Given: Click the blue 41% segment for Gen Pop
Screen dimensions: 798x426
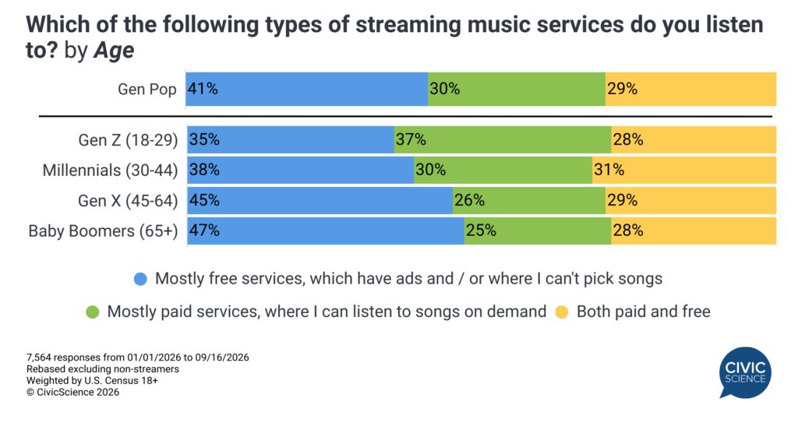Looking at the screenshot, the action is point(307,89).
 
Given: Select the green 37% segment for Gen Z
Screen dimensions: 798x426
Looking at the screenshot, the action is point(503,139).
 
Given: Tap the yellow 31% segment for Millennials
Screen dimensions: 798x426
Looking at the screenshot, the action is point(684,170).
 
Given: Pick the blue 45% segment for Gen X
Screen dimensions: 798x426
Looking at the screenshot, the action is point(320,200).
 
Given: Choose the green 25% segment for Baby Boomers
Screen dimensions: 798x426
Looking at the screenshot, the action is point(538,231).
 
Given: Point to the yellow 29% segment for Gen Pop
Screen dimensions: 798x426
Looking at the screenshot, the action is point(691,89).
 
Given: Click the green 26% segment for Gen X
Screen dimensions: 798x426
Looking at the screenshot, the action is point(529,200).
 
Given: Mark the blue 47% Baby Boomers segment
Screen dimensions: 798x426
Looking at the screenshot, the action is point(326,231).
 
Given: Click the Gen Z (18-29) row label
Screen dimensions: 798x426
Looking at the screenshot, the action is point(128,140).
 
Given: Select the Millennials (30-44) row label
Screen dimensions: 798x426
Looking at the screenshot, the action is point(110,171).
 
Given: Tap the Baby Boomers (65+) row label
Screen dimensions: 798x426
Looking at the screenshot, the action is point(104,231).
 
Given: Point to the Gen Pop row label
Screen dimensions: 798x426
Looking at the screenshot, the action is point(147,90).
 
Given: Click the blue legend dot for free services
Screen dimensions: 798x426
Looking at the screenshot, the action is point(140,279).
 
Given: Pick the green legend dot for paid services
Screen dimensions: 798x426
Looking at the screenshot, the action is point(93,312).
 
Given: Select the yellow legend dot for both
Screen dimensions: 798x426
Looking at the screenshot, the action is point(562,312).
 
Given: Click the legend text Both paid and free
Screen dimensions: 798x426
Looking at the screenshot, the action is point(643,312).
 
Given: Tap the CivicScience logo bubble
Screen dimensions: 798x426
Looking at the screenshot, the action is point(745,372).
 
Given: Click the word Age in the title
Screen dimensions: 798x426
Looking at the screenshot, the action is point(114,51).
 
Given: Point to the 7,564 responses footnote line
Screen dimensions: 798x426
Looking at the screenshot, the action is point(138,357).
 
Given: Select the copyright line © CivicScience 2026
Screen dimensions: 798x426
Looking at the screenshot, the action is point(72,393).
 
